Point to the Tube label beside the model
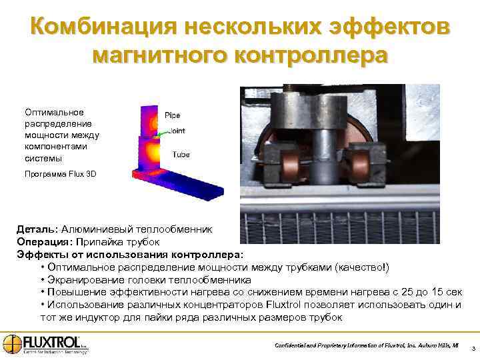coord(181,154)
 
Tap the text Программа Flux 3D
coord(61,174)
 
